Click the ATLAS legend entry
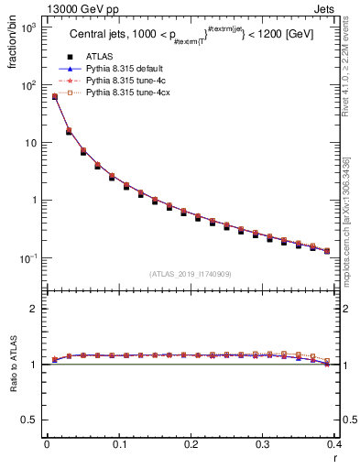tap(98, 57)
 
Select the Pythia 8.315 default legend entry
tap(124, 69)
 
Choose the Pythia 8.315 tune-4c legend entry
tap(123, 81)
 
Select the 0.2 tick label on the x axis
tap(191, 445)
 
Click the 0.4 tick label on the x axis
tap(335, 445)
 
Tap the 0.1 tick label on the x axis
tap(119, 445)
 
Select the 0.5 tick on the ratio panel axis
tap(31, 420)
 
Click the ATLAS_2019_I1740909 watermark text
tap(191, 274)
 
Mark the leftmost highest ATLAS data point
tap(54, 97)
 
